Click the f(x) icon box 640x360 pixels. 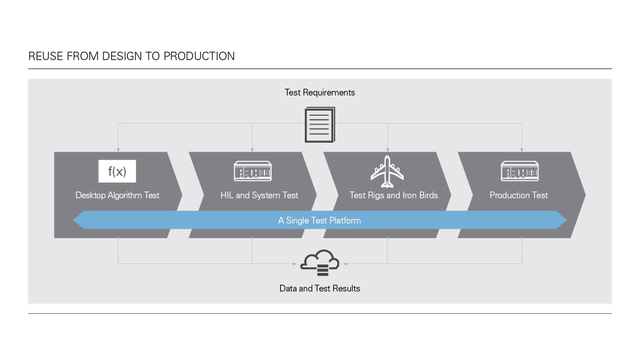117,171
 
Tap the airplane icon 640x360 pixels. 387,171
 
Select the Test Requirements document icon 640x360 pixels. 320,125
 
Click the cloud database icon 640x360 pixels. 319,262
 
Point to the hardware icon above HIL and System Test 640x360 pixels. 253,171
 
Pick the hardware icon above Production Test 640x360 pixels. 520,171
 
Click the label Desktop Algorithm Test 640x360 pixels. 117,195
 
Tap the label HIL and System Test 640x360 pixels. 259,195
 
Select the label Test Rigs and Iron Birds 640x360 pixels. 394,195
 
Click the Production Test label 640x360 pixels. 518,195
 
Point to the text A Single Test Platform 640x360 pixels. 319,220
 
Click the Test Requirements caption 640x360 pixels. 319,93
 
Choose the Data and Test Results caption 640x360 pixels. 319,289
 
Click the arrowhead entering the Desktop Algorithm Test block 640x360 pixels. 118,150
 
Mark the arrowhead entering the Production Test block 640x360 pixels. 522,150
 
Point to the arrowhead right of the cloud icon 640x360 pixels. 345,263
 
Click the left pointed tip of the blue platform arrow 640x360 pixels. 73,220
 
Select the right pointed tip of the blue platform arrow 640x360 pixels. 567,220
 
